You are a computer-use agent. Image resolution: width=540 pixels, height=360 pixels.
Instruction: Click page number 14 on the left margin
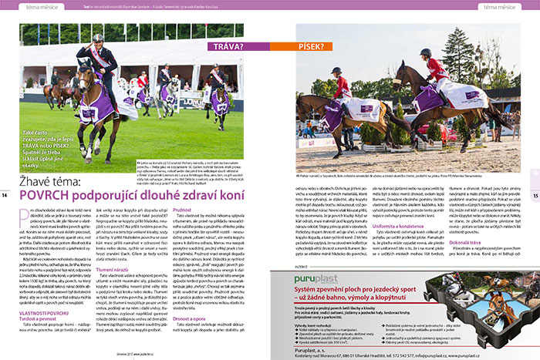pos(6,194)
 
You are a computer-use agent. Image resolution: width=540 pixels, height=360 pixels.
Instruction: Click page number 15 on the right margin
pos(533,194)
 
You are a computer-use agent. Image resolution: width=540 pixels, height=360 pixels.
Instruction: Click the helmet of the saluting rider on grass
pos(97,37)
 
